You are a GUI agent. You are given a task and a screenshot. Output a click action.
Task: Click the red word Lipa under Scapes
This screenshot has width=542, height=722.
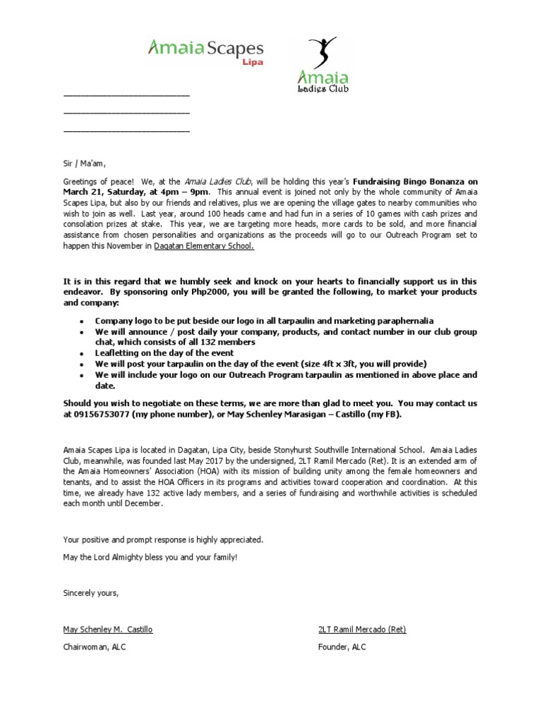(253, 63)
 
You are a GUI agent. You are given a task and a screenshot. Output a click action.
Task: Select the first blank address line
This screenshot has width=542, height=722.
(126, 94)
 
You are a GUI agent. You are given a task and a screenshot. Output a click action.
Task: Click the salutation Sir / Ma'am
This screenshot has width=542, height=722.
(83, 164)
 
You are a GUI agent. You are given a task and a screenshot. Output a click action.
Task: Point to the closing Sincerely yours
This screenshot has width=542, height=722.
(91, 593)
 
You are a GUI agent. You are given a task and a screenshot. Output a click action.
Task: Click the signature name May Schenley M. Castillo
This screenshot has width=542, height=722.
(107, 629)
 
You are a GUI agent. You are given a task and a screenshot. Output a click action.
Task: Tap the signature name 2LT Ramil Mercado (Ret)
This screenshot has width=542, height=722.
(362, 629)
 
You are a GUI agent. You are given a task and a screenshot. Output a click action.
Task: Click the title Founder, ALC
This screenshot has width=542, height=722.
(342, 647)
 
